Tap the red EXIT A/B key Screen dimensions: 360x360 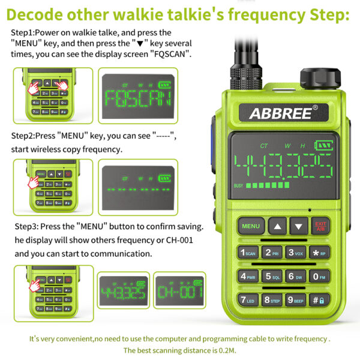(320, 226)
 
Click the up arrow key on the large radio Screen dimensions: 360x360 (277, 226)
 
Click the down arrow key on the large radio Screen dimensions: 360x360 (298, 226)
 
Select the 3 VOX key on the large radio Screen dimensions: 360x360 (295, 253)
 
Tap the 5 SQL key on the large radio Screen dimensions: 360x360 (272, 277)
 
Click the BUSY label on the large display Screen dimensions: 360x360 (238, 185)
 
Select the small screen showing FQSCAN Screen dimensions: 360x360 (137, 95)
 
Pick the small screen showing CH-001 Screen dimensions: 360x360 (179, 293)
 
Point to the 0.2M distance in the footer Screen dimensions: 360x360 (223, 350)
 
